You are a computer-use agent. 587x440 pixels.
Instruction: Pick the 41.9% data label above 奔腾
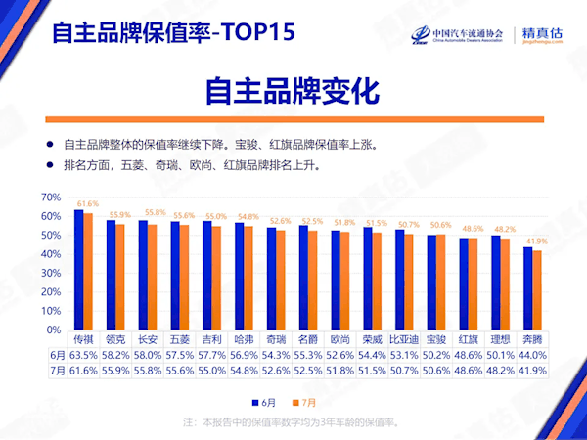pos(536,241)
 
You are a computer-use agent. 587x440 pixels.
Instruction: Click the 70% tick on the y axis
pos(52,198)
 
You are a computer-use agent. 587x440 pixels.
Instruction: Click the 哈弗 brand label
pos(247,338)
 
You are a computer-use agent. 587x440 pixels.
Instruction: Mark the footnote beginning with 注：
pos(293,423)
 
